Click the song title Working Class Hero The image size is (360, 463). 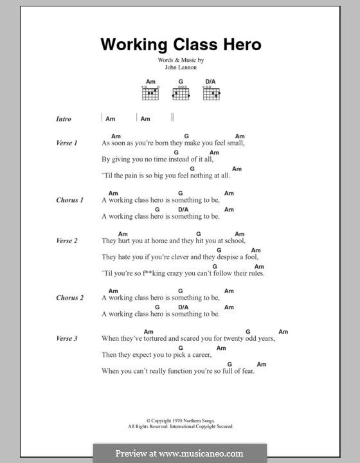tap(180, 45)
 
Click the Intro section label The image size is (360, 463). tap(64, 119)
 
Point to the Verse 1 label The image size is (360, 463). tap(67, 143)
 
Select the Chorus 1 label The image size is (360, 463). tap(69, 200)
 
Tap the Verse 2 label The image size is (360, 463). tap(67, 241)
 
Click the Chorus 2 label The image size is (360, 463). tap(69, 298)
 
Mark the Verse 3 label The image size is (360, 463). tap(67, 338)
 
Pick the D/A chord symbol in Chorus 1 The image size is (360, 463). tap(183, 210)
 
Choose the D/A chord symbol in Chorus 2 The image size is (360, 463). tap(183, 307)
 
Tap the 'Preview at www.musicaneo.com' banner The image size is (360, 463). tap(180, 453)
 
